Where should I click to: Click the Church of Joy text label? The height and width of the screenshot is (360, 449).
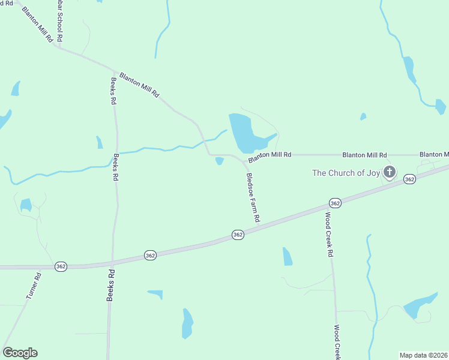coord(346,173)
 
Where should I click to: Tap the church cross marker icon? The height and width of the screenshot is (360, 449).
coord(390,173)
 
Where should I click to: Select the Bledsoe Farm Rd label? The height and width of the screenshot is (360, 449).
coord(253,198)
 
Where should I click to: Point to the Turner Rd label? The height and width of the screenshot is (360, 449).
coord(33,286)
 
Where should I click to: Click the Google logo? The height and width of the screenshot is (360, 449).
coord(20,353)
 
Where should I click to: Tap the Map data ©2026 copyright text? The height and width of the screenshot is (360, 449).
coord(423,355)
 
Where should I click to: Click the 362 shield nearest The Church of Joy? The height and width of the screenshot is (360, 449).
coord(409,179)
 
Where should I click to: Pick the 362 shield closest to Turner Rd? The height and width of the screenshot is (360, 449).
coord(61,266)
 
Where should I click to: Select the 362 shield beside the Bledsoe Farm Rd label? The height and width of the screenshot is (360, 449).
coord(238,235)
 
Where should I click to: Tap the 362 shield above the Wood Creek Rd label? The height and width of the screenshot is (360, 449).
coord(335,203)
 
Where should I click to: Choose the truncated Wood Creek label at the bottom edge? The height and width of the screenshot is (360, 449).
coord(337,342)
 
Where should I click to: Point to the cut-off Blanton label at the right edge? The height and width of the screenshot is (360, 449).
coord(434,155)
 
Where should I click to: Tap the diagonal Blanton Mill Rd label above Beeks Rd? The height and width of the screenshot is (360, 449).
coord(139,85)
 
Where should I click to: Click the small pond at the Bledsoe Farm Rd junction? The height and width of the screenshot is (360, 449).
coord(220,161)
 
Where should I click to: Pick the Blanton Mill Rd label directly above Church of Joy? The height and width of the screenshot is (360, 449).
coord(364,155)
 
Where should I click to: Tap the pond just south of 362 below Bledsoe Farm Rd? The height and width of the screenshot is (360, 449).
coord(287,256)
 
